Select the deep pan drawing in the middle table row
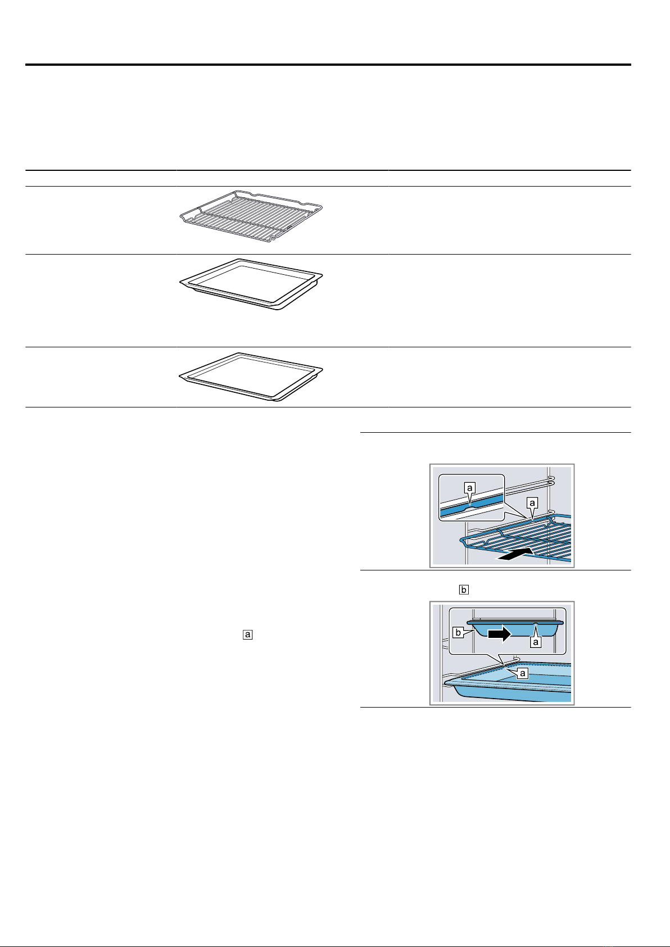tap(251, 284)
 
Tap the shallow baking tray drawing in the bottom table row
tap(251, 377)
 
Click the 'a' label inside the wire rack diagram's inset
tap(470, 488)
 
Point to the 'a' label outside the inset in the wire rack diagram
tap(532, 502)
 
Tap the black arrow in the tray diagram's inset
tap(499, 634)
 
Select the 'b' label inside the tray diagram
tap(458, 633)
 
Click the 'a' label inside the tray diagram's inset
tap(536, 642)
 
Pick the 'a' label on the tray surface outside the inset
tap(523, 673)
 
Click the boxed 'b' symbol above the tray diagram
tap(464, 590)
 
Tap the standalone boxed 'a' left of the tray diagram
tap(248, 635)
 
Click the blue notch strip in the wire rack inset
tap(472, 506)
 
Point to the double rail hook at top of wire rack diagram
tap(550, 479)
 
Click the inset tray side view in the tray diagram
tap(515, 629)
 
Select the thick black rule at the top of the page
tap(328, 65)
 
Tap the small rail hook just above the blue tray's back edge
tap(516, 658)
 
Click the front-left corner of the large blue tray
tap(447, 682)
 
